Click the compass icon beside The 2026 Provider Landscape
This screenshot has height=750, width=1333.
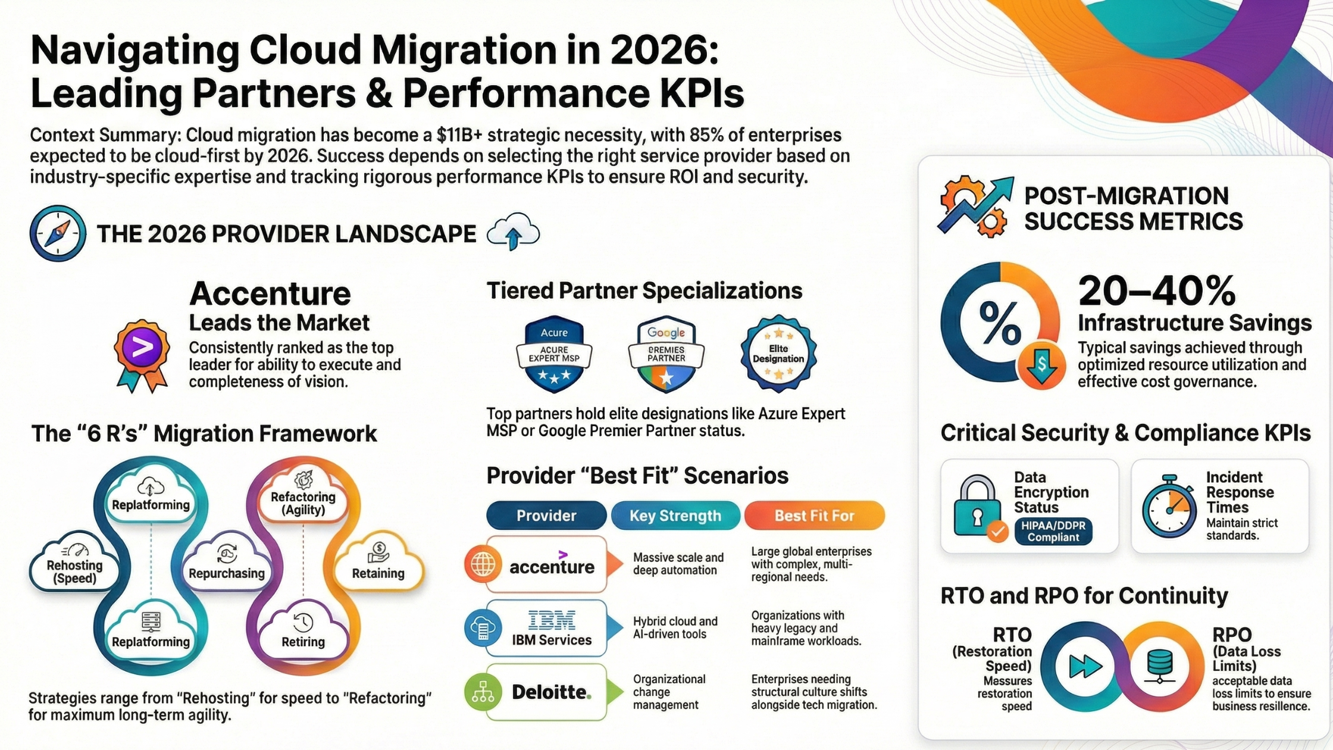click(x=58, y=233)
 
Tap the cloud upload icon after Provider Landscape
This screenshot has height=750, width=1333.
click(x=513, y=232)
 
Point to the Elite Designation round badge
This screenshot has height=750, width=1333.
click(x=778, y=354)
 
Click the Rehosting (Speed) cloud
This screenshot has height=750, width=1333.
click(x=74, y=563)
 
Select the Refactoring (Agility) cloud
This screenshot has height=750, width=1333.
click(x=303, y=496)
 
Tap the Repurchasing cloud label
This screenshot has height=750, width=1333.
click(x=227, y=573)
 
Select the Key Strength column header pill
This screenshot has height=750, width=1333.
click(x=675, y=515)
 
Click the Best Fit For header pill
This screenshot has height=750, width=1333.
click(x=814, y=515)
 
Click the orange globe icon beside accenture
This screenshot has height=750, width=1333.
click(x=483, y=564)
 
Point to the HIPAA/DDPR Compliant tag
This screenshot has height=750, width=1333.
click(x=1053, y=531)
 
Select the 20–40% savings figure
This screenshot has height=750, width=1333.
click(x=1157, y=291)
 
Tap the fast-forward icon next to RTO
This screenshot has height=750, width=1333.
click(x=1085, y=666)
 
